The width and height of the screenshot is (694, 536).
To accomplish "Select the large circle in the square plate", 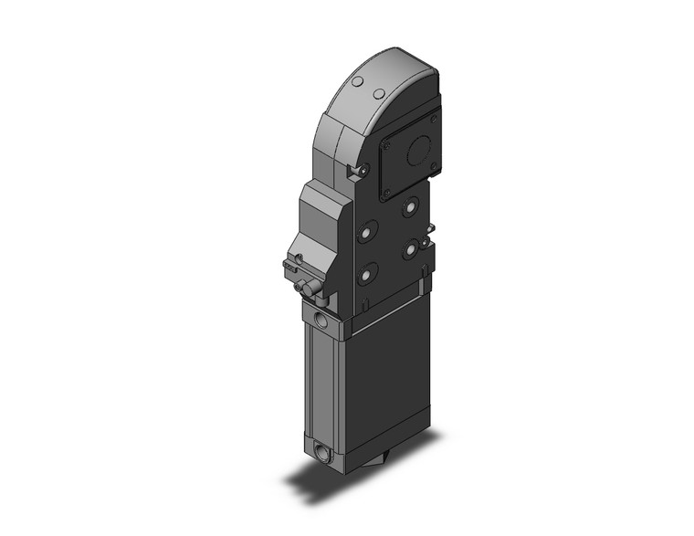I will coord(419,152).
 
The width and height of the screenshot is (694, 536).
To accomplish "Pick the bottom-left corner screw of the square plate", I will coord(386,193).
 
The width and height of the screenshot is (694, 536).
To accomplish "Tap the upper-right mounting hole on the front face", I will coord(408,209).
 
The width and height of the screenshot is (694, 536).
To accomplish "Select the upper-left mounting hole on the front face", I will coord(367,233).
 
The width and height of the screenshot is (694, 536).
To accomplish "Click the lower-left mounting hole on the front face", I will coord(368,272).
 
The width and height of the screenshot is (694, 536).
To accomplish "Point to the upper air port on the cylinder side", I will coord(320,320).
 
